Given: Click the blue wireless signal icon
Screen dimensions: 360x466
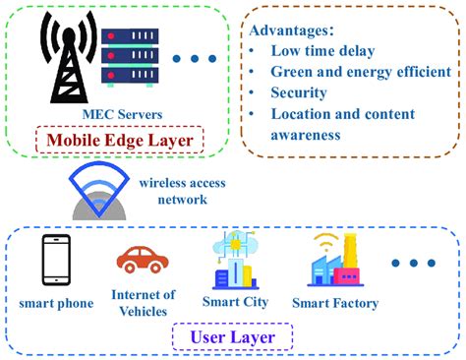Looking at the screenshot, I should [97, 193].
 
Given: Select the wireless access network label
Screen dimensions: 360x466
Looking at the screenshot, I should [182, 190].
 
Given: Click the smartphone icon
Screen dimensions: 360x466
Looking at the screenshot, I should [56, 261].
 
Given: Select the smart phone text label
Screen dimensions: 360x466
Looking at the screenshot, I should [56, 303].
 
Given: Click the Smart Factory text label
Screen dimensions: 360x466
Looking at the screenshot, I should [334, 303].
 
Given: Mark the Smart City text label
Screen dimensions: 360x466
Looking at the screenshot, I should [235, 303].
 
